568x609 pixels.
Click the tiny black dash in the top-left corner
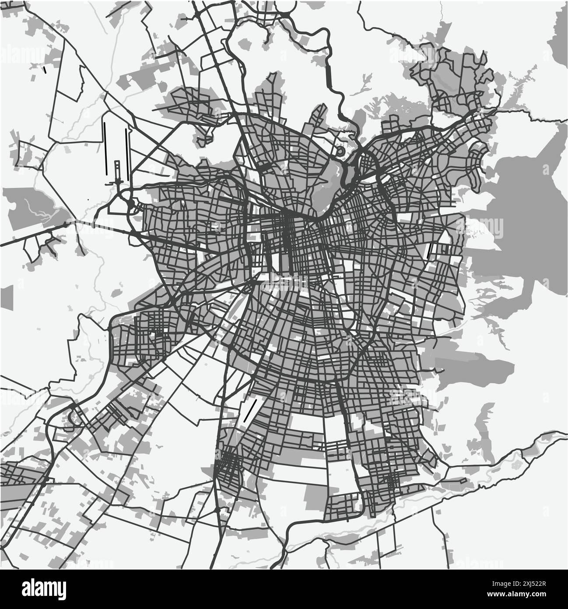pyautogui.click(x=45, y=69)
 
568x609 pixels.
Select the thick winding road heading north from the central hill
pyautogui.click(x=333, y=88)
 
